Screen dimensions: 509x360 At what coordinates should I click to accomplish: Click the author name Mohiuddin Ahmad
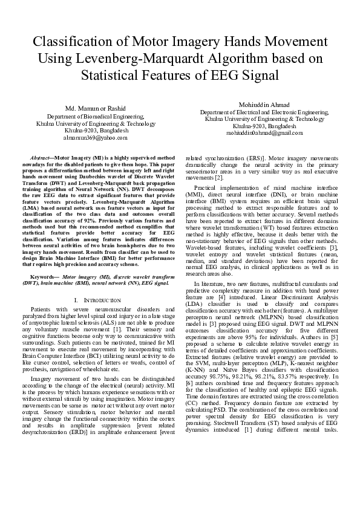(x=264, y=105)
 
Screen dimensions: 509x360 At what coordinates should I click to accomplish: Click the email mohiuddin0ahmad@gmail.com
(x=264, y=133)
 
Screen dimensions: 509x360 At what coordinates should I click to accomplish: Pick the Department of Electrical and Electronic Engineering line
(x=264, y=112)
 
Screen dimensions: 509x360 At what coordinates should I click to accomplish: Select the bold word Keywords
(x=44, y=276)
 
